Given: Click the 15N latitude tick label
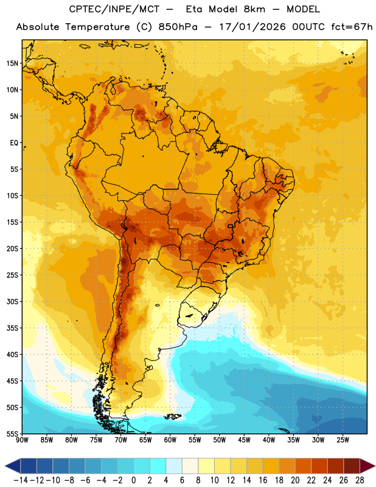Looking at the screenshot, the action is (x=12, y=63).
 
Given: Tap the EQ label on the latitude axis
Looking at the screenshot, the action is (x=14, y=143).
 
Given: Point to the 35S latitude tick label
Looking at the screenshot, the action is (x=12, y=328).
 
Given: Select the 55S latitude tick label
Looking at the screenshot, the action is (x=12, y=433).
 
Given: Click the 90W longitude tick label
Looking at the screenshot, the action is (x=22, y=440).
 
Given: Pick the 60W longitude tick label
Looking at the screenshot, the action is (x=170, y=440).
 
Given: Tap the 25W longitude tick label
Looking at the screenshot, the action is (x=343, y=440).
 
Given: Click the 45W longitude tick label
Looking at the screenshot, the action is (x=244, y=440).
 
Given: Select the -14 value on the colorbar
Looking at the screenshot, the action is (x=21, y=480).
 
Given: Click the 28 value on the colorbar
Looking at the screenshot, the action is (x=360, y=480).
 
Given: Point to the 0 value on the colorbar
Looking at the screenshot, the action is (x=133, y=480).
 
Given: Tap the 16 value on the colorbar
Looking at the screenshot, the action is (x=263, y=480).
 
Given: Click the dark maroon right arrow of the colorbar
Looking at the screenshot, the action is (x=367, y=466).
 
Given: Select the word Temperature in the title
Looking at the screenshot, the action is (x=97, y=27).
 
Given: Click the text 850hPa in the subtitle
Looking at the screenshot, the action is (x=178, y=27).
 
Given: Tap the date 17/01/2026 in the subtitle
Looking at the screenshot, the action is (x=252, y=27).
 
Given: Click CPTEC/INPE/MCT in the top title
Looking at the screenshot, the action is (x=114, y=9).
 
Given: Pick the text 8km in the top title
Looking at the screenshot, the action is (x=254, y=9).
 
